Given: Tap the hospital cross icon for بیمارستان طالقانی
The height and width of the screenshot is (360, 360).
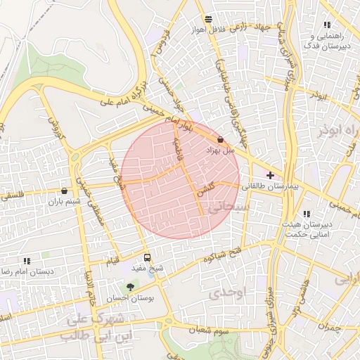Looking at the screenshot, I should [270, 174].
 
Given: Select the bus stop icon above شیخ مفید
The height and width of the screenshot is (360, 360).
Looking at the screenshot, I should [147, 257].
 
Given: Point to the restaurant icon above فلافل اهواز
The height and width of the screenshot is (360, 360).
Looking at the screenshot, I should [207, 20].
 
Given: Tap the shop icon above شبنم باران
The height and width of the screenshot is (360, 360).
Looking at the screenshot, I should [65, 191].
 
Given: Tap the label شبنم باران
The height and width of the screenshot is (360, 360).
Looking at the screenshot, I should [65, 202].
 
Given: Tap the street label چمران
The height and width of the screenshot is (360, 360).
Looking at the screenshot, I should [328, 326].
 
